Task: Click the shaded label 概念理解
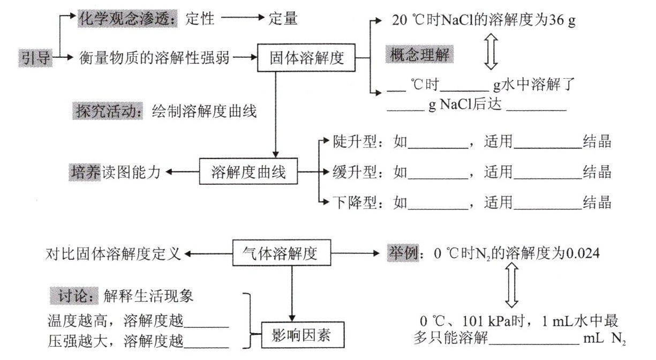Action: (x=421, y=56)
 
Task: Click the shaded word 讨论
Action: (x=73, y=295)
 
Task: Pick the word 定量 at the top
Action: (x=283, y=19)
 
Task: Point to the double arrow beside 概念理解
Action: (x=491, y=54)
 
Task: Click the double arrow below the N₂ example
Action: (x=509, y=287)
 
